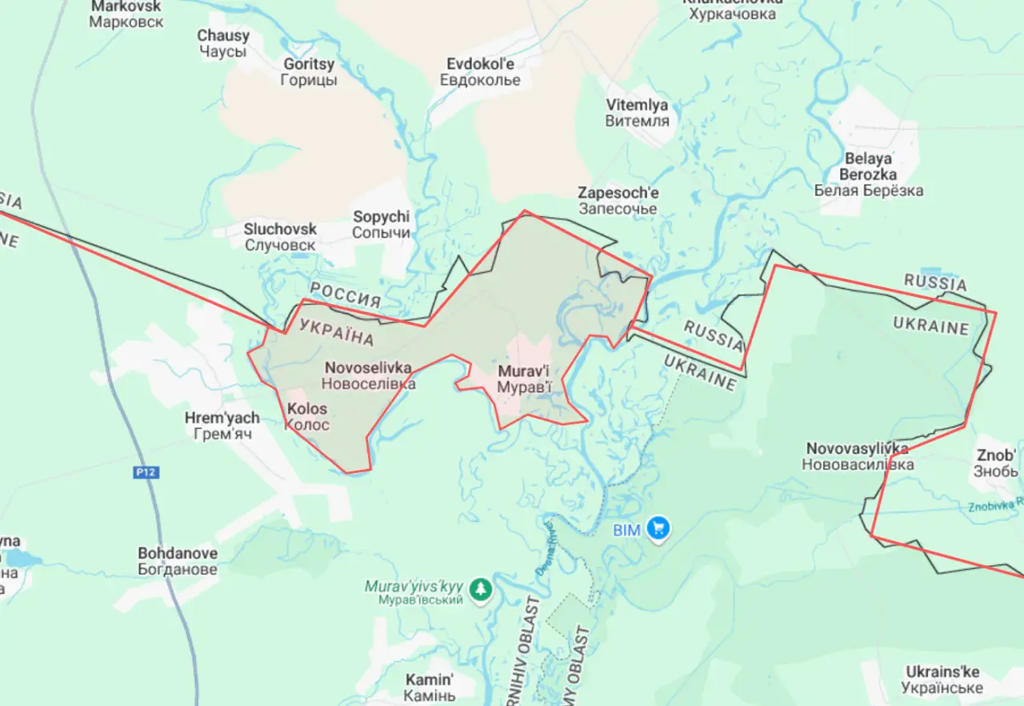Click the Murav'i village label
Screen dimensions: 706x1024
(x=524, y=379)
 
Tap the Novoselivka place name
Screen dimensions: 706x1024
(x=369, y=375)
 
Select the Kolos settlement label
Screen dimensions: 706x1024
(x=307, y=416)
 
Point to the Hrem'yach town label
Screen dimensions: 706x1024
(x=222, y=426)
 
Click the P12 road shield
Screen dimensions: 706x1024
(x=146, y=473)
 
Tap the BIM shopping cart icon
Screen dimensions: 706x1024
(x=660, y=527)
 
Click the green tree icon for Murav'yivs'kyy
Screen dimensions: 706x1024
(x=480, y=588)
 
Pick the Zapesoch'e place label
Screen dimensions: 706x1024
(x=618, y=201)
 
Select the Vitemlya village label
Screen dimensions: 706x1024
(x=637, y=113)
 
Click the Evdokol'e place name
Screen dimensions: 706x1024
(x=480, y=72)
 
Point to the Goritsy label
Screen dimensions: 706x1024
(x=309, y=71)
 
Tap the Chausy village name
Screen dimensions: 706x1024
(x=223, y=43)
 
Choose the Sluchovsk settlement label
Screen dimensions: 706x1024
(x=280, y=237)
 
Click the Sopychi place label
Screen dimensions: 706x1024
(x=381, y=225)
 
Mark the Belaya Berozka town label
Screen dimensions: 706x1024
(x=868, y=174)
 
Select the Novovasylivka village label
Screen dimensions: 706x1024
(x=857, y=456)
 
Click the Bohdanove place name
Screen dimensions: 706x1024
(x=177, y=561)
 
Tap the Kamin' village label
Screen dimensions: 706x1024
(x=430, y=688)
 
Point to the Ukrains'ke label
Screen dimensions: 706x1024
(x=942, y=680)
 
